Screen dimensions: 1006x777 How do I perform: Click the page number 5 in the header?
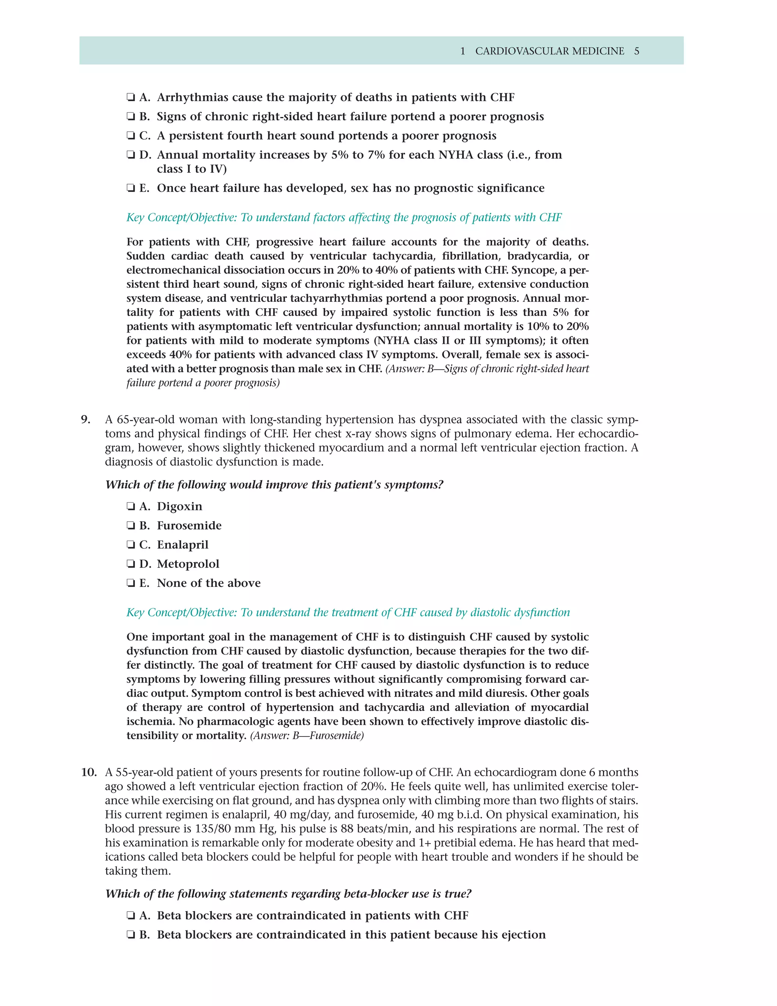637,51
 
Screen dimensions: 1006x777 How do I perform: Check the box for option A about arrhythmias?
131,98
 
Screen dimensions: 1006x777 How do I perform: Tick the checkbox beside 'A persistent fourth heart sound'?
131,136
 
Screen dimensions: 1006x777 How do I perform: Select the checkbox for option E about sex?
131,188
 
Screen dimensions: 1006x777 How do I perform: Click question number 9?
86,419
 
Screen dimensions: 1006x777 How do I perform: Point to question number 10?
88,773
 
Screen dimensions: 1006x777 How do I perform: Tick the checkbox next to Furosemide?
131,526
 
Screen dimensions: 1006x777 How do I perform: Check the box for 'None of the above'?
131,583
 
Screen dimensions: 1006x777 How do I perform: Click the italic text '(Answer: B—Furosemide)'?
307,736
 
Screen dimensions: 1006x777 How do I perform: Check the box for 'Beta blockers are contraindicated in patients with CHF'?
131,916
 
